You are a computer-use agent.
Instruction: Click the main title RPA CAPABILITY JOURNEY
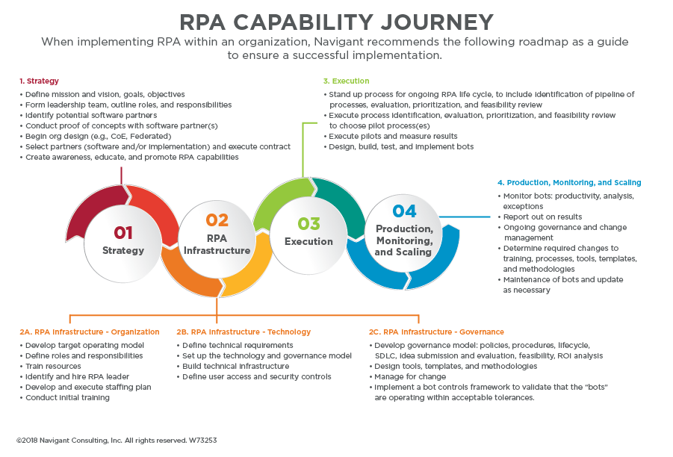(x=336, y=21)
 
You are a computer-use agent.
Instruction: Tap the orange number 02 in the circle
(x=217, y=220)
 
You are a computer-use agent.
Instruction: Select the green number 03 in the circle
(x=308, y=223)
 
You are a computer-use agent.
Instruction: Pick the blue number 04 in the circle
(x=404, y=211)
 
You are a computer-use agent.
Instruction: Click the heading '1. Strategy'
(x=39, y=81)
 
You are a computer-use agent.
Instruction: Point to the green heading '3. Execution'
(x=346, y=81)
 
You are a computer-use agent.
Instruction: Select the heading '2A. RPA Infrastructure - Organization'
(x=90, y=332)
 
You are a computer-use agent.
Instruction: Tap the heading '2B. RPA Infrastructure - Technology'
(x=244, y=332)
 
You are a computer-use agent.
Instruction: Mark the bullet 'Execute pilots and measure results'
(x=394, y=137)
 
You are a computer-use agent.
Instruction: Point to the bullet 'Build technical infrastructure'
(x=235, y=366)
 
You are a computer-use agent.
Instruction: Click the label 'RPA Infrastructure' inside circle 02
(x=217, y=245)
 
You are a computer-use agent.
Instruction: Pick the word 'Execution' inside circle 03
(x=308, y=241)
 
